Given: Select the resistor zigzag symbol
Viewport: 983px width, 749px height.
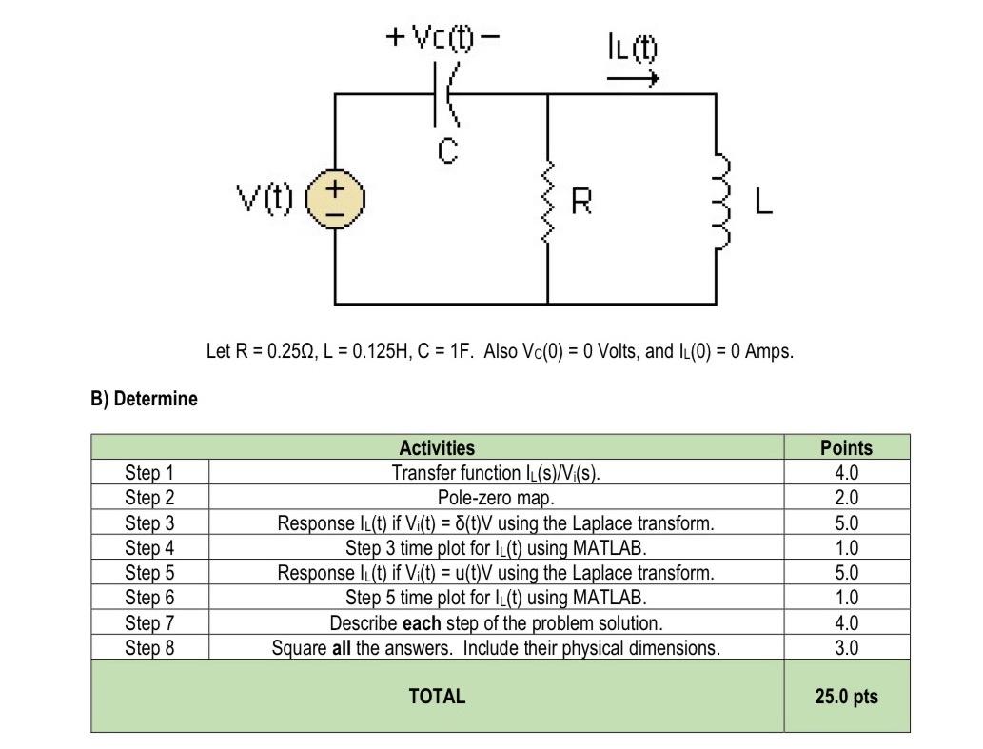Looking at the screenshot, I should [x=548, y=201].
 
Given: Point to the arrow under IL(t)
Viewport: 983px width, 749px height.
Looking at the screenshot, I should [x=633, y=79].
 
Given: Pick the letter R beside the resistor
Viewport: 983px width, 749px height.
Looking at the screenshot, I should [x=581, y=202].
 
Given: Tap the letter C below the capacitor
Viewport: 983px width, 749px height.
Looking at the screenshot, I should [x=447, y=150].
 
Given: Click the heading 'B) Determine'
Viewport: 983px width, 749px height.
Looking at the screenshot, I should [x=144, y=399].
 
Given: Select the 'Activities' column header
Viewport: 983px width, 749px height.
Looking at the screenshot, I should [x=437, y=447].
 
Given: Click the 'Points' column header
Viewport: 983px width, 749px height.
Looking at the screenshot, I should [x=846, y=447].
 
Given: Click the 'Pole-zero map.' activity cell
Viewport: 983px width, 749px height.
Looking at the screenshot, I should [x=495, y=498].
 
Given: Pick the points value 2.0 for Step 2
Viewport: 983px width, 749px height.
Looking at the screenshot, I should [x=846, y=498].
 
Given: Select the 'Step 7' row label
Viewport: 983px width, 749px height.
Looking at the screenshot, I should [x=149, y=623].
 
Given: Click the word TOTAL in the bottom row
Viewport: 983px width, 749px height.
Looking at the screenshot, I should [x=437, y=696].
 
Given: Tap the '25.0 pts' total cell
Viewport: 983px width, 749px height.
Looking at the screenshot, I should [x=846, y=696].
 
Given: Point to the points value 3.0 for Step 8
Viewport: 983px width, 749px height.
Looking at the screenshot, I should [x=846, y=648].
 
